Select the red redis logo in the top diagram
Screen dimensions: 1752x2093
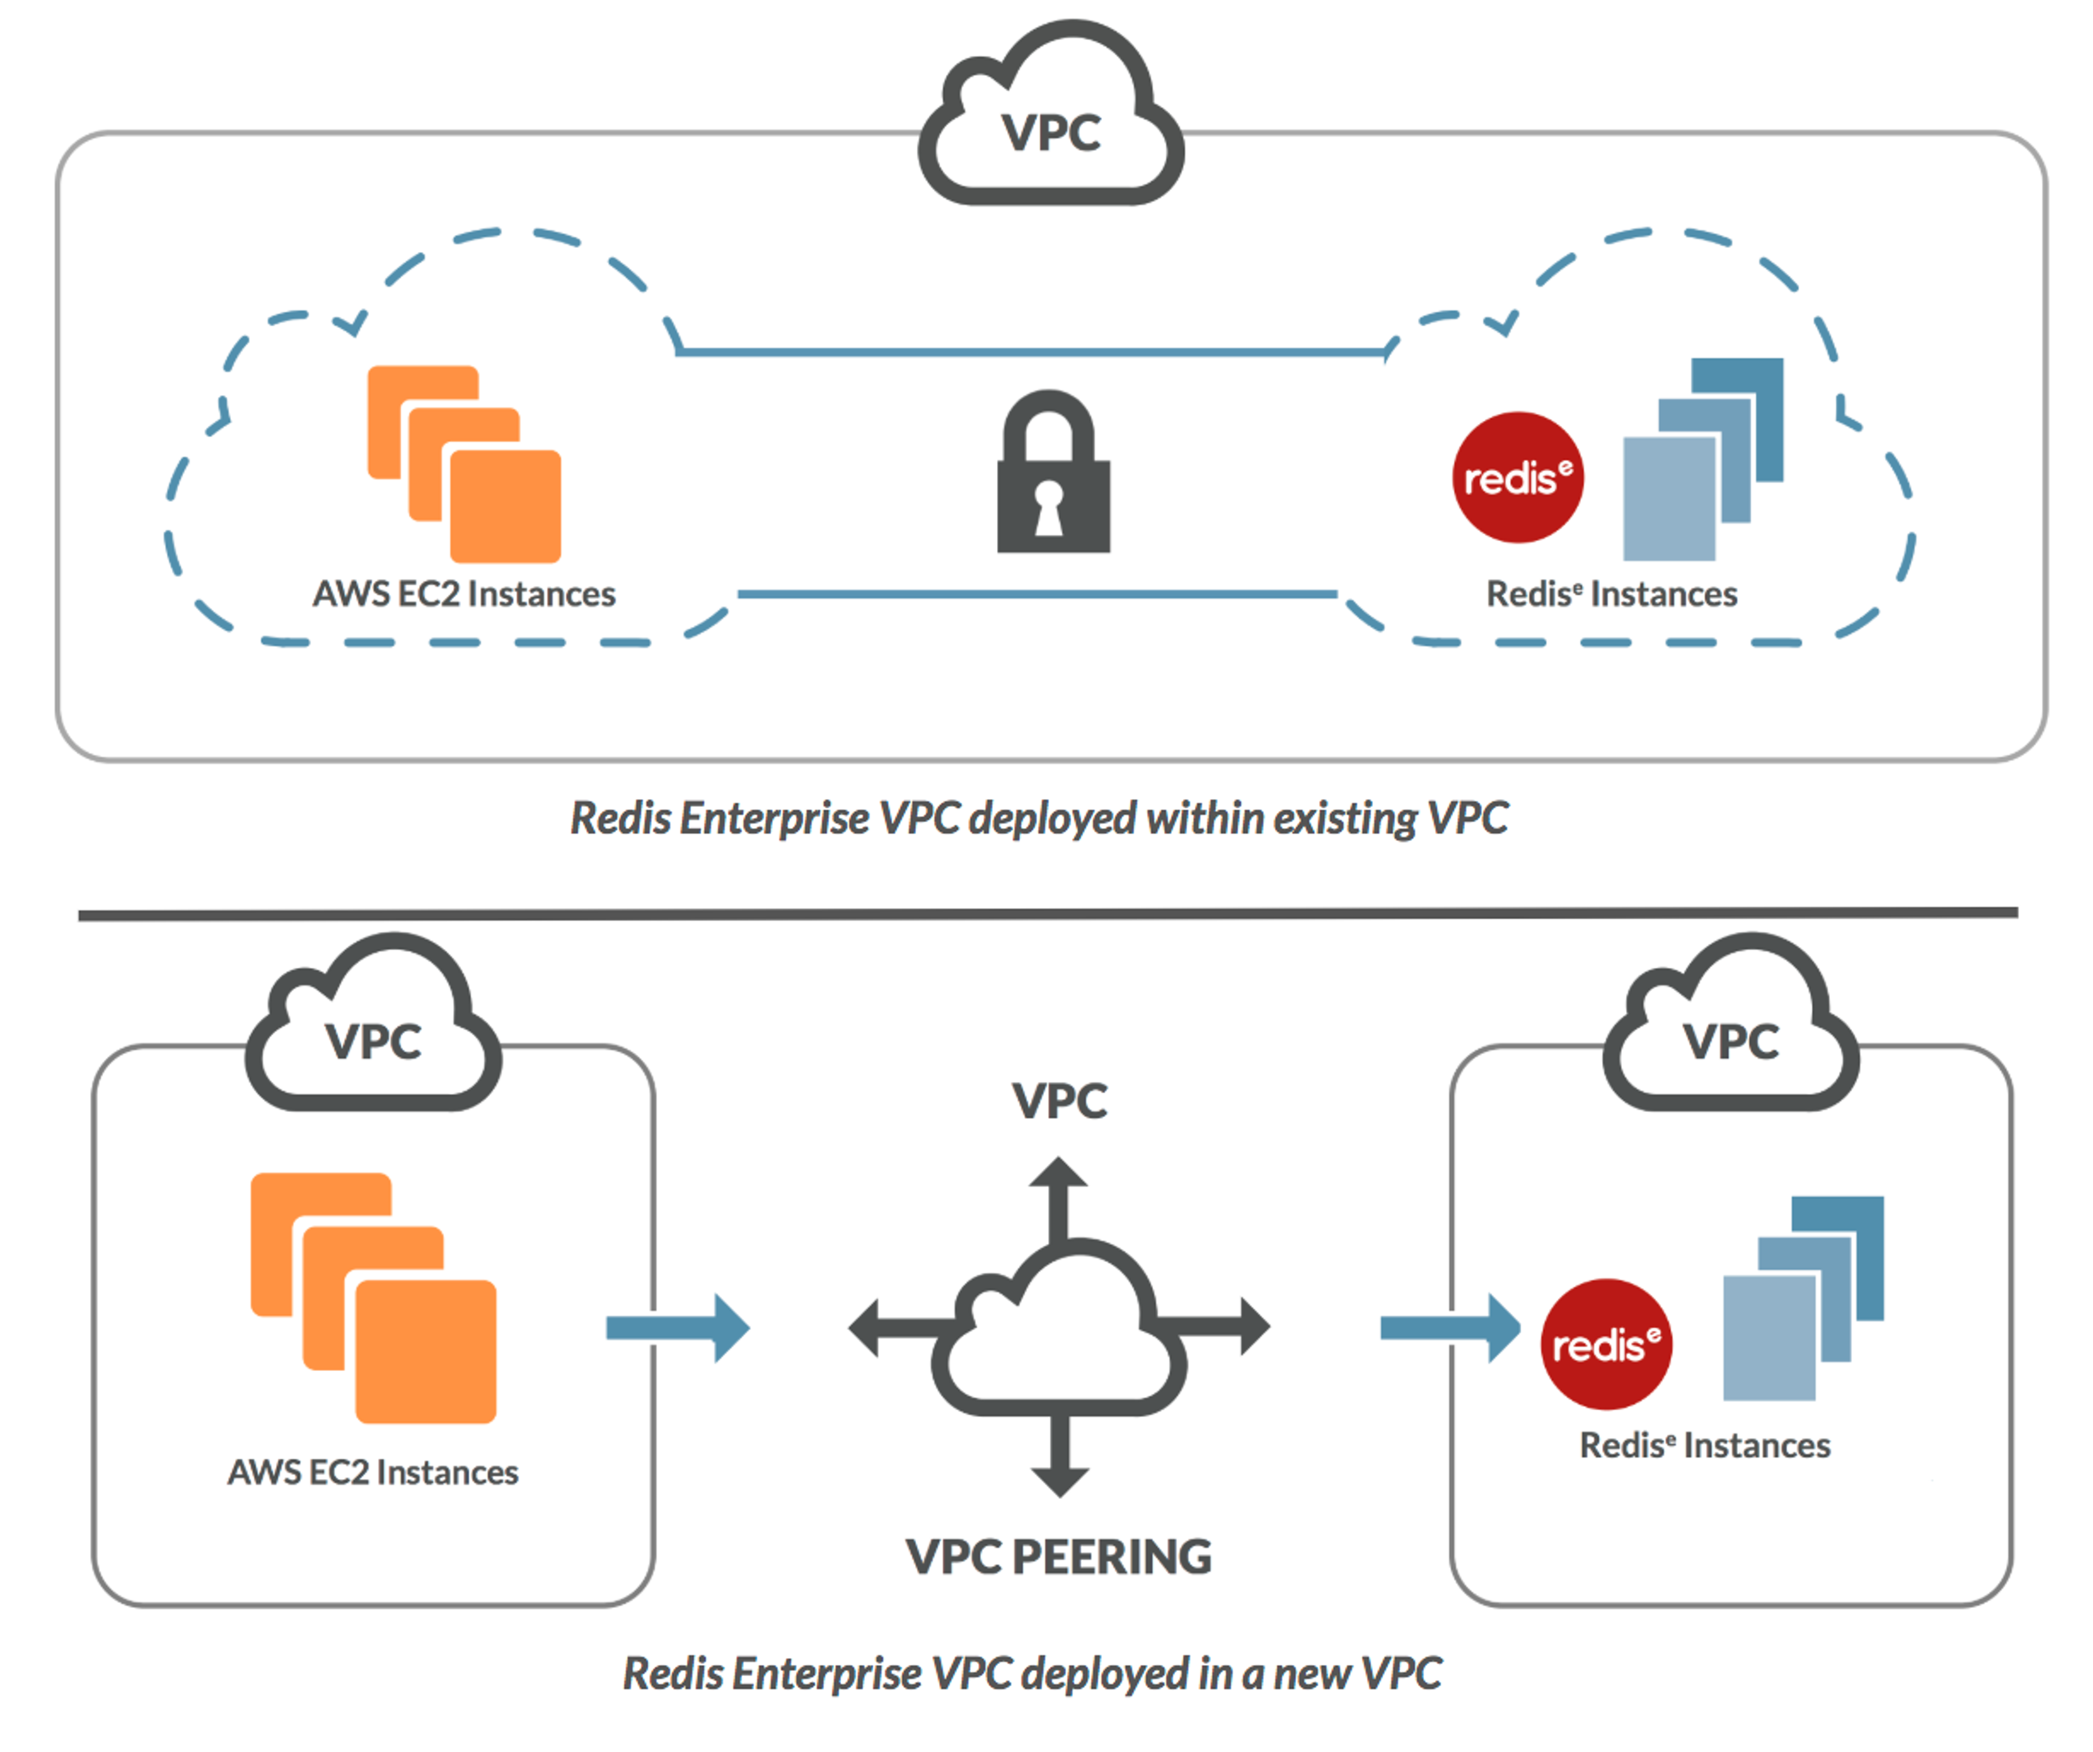[1517, 477]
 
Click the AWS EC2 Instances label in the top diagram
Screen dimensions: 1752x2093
[464, 594]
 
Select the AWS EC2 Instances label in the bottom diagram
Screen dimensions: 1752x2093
[373, 1472]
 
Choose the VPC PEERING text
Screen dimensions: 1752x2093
[1058, 1557]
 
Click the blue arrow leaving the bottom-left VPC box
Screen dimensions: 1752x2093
[677, 1327]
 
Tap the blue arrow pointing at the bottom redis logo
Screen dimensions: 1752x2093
[1450, 1327]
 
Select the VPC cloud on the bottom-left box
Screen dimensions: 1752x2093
[374, 1032]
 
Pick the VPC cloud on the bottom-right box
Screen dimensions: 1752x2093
[1731, 1032]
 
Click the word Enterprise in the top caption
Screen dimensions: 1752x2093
[776, 818]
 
